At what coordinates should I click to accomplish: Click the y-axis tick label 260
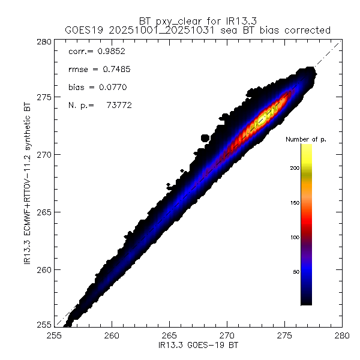coord(43,269)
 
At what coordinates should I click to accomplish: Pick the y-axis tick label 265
coord(43,212)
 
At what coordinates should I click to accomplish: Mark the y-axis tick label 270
coord(43,155)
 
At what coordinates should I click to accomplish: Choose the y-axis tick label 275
coord(43,97)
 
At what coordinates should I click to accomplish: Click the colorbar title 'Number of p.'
coord(306,139)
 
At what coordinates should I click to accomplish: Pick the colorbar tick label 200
coord(293,167)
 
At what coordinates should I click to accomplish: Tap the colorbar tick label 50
coord(295,272)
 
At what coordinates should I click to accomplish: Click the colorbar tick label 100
coord(293,237)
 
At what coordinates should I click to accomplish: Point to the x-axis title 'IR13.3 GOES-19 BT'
coord(198,346)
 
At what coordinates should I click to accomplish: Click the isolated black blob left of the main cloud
coord(204,138)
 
